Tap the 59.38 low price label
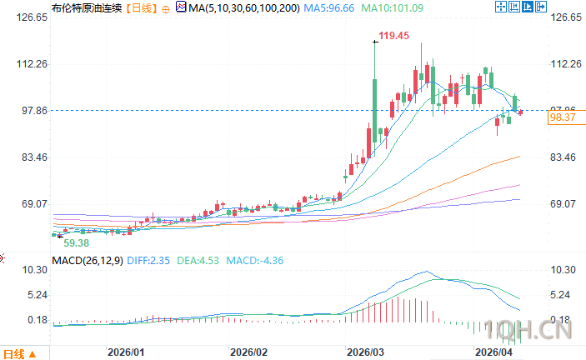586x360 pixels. point(77,242)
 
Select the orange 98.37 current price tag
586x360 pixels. point(563,118)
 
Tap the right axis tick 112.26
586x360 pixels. point(565,64)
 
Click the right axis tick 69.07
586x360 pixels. point(565,204)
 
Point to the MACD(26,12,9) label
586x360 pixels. point(88,261)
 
